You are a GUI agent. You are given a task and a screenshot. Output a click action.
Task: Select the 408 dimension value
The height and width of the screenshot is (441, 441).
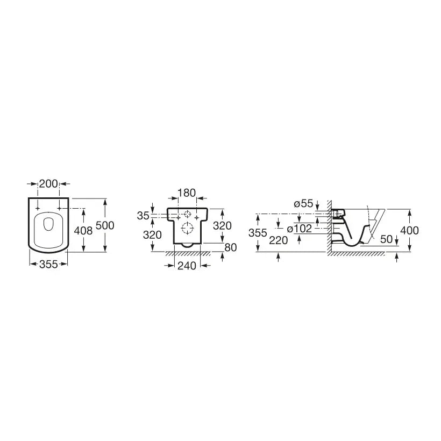(83, 231)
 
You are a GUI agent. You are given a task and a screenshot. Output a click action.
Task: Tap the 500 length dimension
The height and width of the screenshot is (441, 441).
(105, 225)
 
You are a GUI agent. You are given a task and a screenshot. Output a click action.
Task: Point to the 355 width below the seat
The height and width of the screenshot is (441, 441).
(48, 264)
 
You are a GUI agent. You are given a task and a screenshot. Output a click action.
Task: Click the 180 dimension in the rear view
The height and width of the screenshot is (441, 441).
(187, 193)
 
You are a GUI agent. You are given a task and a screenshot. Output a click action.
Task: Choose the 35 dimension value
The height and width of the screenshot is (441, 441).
(143, 216)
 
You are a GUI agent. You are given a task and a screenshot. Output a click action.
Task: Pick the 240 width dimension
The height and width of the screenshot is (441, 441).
(187, 266)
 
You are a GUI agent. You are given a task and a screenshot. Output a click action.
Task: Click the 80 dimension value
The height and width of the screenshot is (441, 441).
(231, 247)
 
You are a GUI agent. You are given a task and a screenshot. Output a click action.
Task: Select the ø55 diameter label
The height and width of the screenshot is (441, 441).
(303, 203)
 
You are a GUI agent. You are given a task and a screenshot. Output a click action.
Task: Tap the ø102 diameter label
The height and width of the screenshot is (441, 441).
(300, 229)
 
